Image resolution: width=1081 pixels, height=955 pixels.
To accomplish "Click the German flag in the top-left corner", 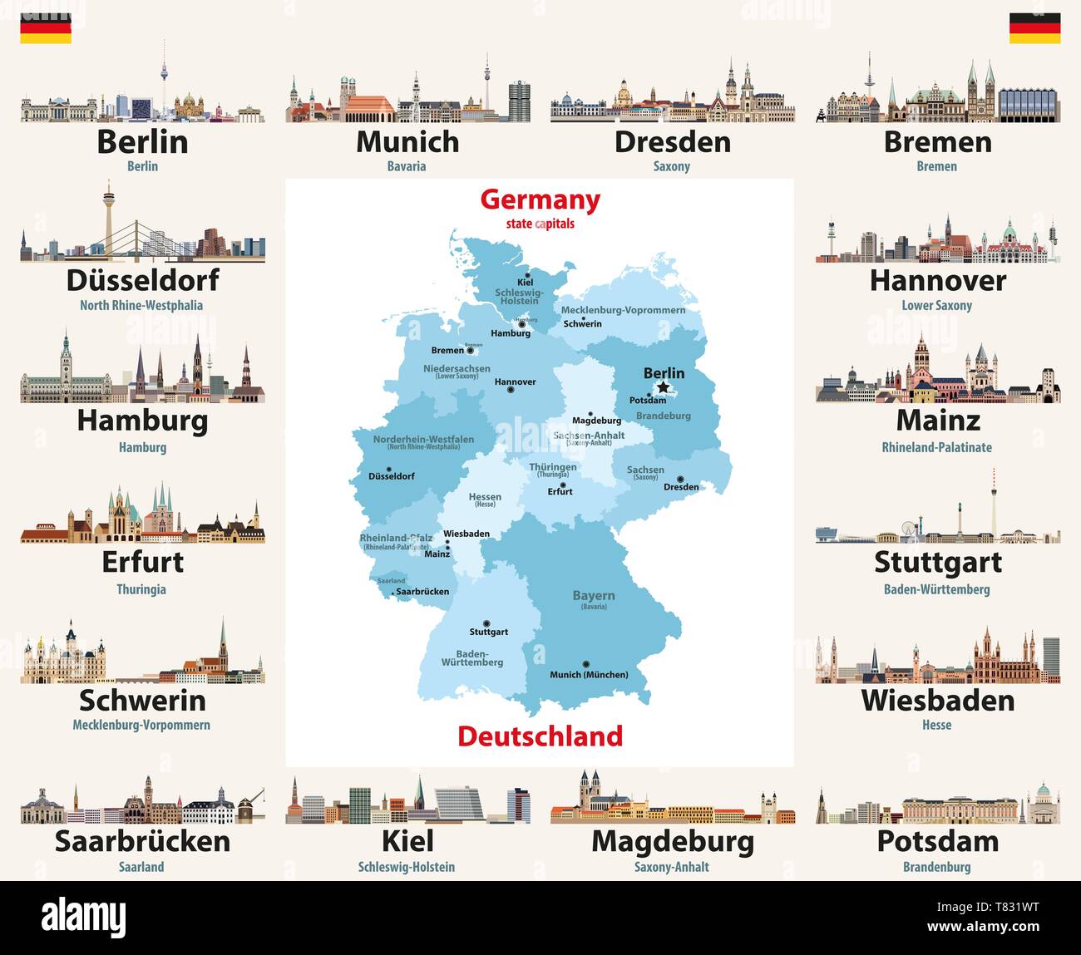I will coord(46,28).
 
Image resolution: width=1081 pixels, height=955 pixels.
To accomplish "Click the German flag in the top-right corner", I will coord(1034,28).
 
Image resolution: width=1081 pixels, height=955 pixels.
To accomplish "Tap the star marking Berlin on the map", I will coord(663,387).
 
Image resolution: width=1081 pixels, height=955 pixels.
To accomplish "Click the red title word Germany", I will coord(540,200).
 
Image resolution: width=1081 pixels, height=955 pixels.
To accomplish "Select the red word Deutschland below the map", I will coord(540,736).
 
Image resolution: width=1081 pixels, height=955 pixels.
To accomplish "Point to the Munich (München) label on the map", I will coord(589,675).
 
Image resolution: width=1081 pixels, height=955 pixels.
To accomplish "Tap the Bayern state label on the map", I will coord(594,596).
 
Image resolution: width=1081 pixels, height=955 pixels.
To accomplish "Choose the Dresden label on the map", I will coord(681,487).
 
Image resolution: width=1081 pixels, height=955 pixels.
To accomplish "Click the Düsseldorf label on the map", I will coord(391,476).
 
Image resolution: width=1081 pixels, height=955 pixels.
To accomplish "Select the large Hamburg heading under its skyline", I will coord(142,421).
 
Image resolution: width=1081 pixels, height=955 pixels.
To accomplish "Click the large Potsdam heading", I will coord(937,841).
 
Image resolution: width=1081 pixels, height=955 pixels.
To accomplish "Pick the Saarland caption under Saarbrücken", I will coord(141,867).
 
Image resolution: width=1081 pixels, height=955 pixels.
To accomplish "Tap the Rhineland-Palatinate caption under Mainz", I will coord(936,447).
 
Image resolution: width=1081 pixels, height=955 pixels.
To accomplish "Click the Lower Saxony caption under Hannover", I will coord(936,305).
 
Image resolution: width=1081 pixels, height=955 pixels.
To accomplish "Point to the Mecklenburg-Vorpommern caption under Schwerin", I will coord(141,725).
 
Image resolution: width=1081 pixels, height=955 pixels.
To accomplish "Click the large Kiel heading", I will coord(407,841).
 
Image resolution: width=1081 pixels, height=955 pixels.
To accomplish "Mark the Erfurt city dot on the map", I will coord(563,485).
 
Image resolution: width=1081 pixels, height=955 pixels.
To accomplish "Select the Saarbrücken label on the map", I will coord(422,592).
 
